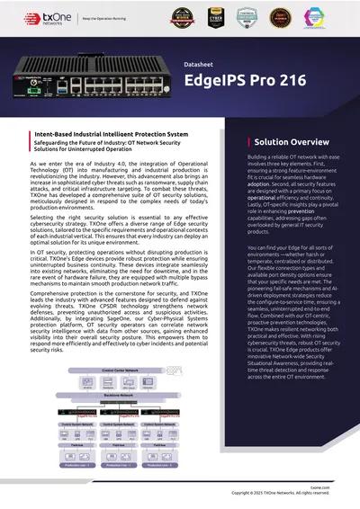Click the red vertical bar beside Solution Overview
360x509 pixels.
pos(247,142)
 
